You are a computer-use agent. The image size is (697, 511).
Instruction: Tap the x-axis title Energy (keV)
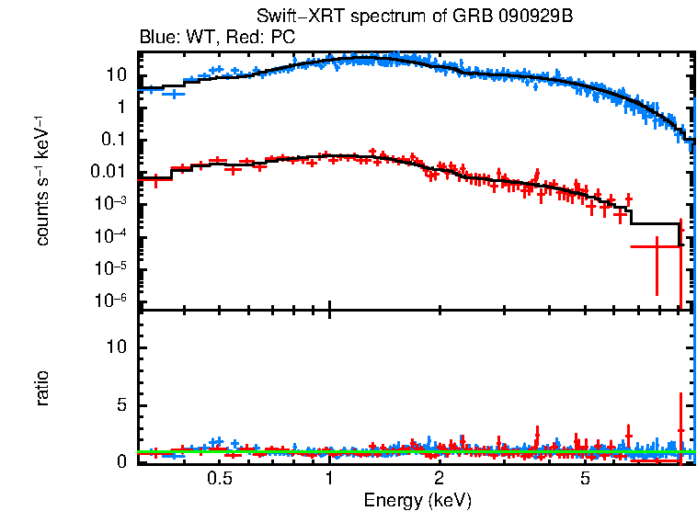pyautogui.click(x=417, y=500)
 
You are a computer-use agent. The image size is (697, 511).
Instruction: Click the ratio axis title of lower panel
pyautogui.click(x=42, y=388)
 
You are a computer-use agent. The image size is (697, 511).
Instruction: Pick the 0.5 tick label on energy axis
pyautogui.click(x=219, y=480)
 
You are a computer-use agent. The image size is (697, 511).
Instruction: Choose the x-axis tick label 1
pyautogui.click(x=329, y=480)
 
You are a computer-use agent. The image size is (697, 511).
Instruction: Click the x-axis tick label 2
pyautogui.click(x=440, y=480)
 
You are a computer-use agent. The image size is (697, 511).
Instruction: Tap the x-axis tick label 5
pyautogui.click(x=586, y=480)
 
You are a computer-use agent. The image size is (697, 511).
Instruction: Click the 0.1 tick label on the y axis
pyautogui.click(x=112, y=140)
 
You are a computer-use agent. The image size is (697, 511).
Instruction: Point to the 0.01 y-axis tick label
pyautogui.click(x=109, y=172)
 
